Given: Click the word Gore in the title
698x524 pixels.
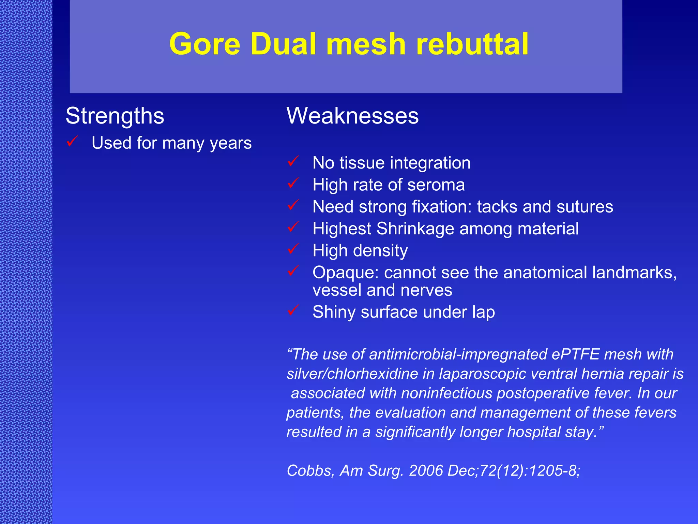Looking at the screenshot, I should click(x=205, y=44).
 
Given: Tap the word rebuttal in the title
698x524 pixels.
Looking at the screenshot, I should click(x=472, y=44).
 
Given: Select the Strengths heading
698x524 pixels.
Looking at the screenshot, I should click(x=115, y=116).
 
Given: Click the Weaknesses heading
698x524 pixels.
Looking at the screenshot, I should click(x=352, y=116).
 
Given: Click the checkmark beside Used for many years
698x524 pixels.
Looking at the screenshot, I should click(x=72, y=141).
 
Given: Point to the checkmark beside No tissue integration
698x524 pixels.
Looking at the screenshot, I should click(x=293, y=161).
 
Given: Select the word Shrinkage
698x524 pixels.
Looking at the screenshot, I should click(x=415, y=229).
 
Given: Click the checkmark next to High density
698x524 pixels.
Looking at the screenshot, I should click(x=293, y=249).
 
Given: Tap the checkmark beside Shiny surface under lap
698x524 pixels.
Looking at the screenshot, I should click(x=293, y=310).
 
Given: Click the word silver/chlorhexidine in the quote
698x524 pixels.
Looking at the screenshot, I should click(x=352, y=374).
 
